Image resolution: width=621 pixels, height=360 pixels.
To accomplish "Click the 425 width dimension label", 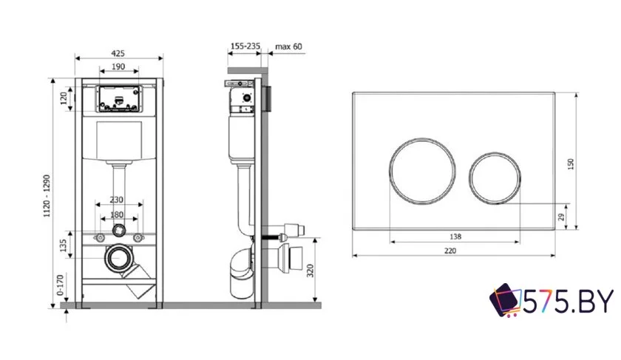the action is point(118,53).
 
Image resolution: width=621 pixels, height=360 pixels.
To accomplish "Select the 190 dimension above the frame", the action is point(118,66).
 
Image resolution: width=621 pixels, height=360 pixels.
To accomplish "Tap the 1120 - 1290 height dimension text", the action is point(47,196).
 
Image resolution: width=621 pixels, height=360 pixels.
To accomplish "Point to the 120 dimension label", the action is point(64,99).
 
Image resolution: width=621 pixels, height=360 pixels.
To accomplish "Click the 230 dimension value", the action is point(116,200).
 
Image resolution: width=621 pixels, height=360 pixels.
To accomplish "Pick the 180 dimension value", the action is point(116,214).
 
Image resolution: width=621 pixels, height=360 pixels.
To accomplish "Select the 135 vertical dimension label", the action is point(63,245).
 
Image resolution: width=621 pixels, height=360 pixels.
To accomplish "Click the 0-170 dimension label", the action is point(60,285).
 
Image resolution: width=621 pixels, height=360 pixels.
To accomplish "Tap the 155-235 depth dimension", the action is point(245,46).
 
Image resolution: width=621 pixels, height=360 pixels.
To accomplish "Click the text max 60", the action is point(289,47).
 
